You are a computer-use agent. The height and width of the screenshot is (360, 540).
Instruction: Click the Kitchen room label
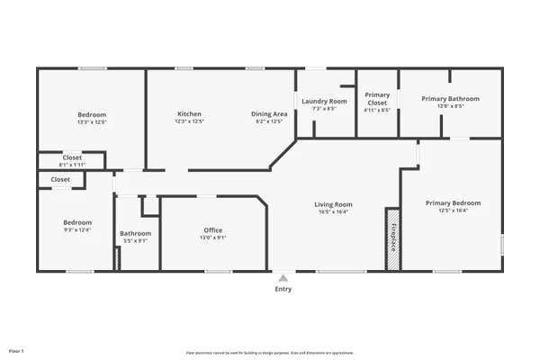[x=189, y=114]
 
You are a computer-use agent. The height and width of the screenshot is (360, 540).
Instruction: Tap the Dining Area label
[x=269, y=114]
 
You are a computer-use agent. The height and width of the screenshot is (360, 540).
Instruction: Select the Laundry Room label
[x=324, y=102]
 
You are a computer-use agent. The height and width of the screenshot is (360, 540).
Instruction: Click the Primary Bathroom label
[x=451, y=99]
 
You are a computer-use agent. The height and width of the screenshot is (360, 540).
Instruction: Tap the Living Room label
[x=333, y=204]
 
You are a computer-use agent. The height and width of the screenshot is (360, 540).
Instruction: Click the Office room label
[x=213, y=230]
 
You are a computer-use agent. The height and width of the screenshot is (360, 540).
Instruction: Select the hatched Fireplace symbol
[x=392, y=238]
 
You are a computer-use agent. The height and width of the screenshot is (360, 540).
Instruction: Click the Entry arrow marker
[x=283, y=278]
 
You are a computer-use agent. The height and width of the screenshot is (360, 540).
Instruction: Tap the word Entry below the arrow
[x=283, y=289]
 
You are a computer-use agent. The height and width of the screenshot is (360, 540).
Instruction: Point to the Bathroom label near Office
[x=135, y=234]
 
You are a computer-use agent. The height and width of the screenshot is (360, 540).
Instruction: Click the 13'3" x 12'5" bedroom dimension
[x=92, y=121]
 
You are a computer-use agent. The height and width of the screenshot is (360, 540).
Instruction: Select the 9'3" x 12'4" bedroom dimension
[x=76, y=229]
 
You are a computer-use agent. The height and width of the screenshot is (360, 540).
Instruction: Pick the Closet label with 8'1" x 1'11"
[x=70, y=157]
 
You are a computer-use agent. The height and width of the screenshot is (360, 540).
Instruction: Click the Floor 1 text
[x=16, y=350]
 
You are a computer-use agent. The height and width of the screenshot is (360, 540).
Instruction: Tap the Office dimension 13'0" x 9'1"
[x=213, y=238]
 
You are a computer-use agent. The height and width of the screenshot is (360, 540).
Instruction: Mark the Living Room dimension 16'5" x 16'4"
[x=333, y=211]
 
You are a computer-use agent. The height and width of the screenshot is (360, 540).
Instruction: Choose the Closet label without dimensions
[x=60, y=179]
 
